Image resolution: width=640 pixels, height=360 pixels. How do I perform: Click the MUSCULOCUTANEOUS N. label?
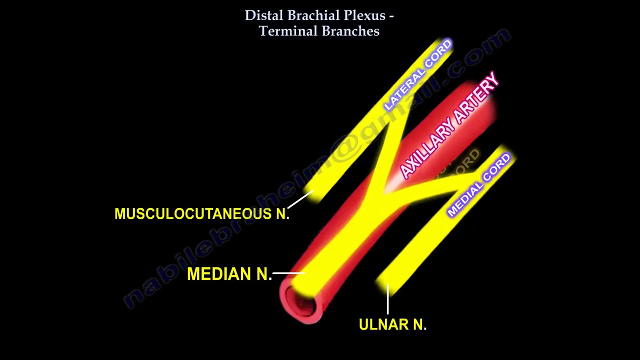click(x=201, y=214)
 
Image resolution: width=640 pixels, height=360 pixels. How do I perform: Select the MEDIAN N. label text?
click(x=229, y=274)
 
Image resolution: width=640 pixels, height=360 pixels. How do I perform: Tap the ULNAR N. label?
click(x=392, y=325)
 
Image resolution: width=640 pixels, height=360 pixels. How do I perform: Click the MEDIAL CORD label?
click(x=479, y=185)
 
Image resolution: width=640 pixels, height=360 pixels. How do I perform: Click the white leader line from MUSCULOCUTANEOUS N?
click(x=300, y=200)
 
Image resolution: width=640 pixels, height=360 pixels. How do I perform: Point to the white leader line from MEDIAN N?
click(x=288, y=273)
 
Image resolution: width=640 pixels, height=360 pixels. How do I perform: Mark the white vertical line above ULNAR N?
click(x=387, y=300)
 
